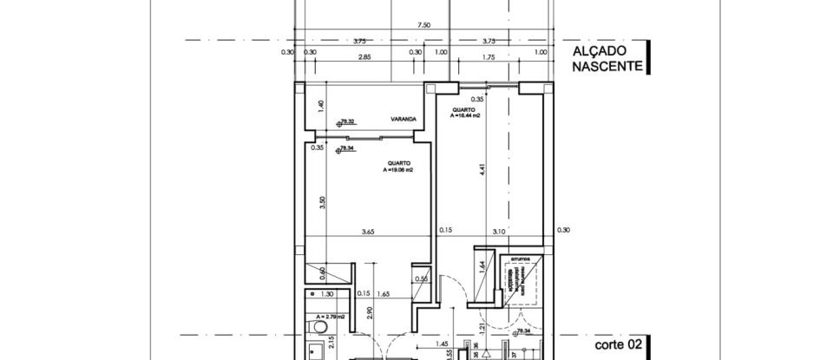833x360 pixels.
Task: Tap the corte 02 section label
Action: coord(618,344)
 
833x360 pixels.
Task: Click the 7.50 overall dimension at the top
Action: coord(423,26)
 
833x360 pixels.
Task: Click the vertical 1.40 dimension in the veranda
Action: coord(320,105)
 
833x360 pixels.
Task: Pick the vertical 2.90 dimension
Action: coord(370,312)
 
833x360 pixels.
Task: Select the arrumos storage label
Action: coord(520,259)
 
